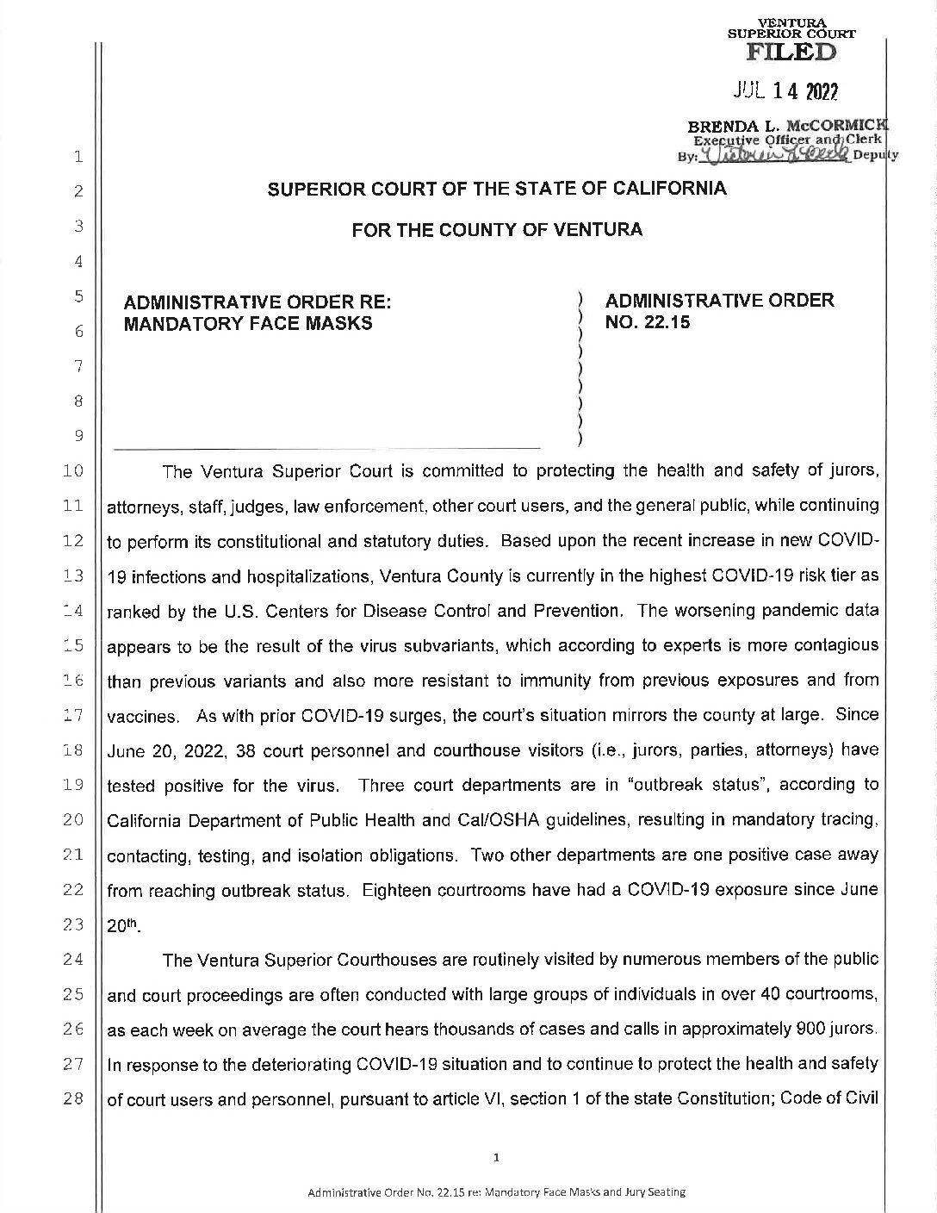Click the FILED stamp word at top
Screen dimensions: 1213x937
[791, 52]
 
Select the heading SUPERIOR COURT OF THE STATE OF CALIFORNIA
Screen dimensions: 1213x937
[497, 190]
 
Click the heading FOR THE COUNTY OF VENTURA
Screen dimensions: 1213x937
[497, 230]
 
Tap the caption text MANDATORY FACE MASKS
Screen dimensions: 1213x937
[249, 324]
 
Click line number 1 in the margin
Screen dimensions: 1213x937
[78, 157]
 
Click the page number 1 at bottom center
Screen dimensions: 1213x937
[496, 1157]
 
